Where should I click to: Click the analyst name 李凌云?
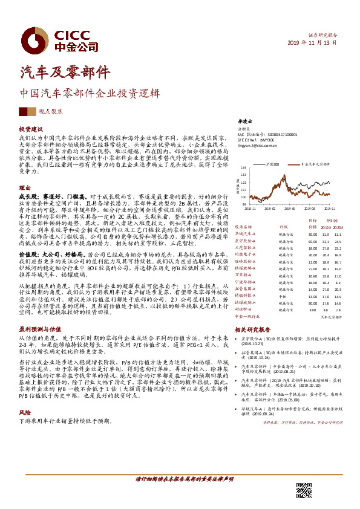coord(243,121)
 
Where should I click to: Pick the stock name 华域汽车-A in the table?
coord(246,234)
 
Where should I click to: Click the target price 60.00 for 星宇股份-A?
coord(312,241)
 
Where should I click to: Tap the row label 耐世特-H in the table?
coord(243,310)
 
